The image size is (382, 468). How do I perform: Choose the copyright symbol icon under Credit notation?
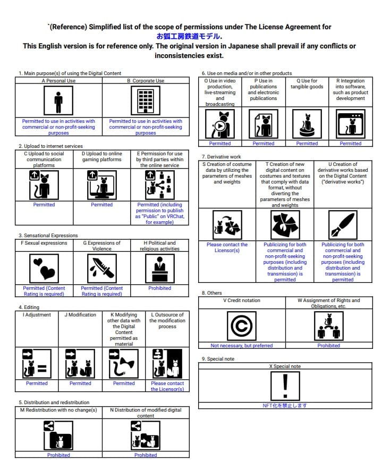242,325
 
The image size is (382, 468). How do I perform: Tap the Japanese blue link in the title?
189,36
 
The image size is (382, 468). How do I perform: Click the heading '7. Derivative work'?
221,157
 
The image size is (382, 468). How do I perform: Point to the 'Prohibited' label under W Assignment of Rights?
328,346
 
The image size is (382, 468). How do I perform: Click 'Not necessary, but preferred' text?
242,346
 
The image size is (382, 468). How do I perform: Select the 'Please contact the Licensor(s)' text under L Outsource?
167,386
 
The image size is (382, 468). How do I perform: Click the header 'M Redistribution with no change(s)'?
58,410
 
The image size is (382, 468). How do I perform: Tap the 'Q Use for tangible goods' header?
307,84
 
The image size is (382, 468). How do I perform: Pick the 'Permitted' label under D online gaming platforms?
101,205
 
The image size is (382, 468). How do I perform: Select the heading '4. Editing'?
29,307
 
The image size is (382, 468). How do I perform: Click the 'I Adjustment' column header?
37,315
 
